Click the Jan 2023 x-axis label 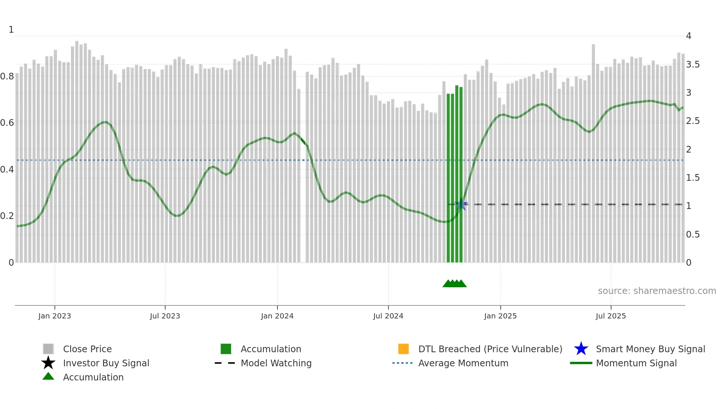[x=55, y=316]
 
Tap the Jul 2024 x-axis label [x=388, y=316]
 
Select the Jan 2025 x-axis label [x=500, y=316]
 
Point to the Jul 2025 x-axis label [x=611, y=316]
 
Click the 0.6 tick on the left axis [x=7, y=123]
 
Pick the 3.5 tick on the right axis [x=693, y=65]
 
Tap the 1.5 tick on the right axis [x=693, y=178]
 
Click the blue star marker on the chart [x=461, y=204]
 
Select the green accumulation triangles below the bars [x=454, y=284]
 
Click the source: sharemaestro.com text [x=657, y=291]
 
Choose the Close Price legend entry [x=87, y=349]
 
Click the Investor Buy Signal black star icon [x=48, y=363]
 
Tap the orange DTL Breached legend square [x=403, y=349]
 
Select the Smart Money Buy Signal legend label [x=650, y=349]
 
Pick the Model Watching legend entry [x=276, y=363]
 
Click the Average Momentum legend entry [x=463, y=363]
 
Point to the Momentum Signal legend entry [x=636, y=363]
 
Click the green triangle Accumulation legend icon [x=48, y=376]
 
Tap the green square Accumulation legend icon [x=226, y=349]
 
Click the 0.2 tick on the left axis [x=7, y=216]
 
